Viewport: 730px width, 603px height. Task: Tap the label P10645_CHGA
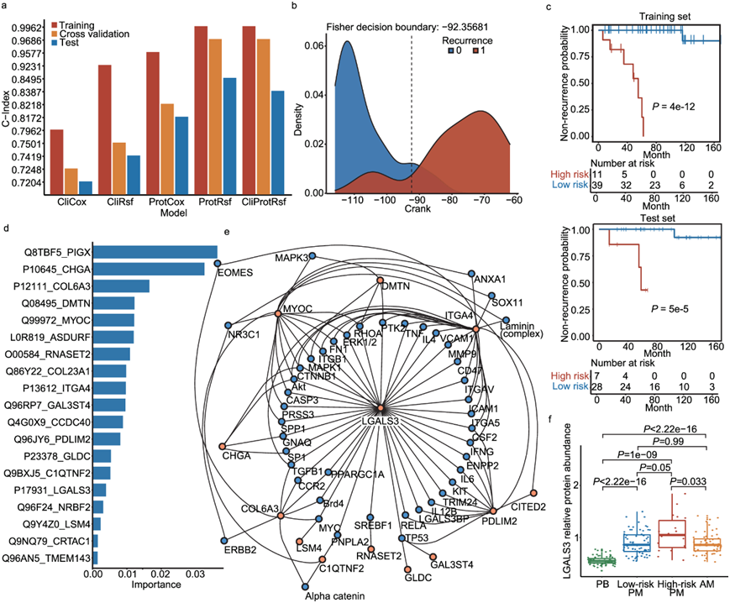(x=51, y=269)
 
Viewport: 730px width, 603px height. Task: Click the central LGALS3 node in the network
(x=381, y=407)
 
